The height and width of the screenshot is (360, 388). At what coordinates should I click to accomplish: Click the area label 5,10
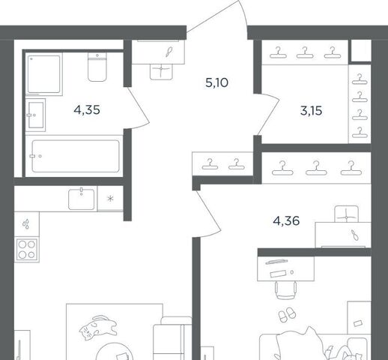point(216,82)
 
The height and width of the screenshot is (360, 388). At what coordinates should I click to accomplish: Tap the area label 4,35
point(87,110)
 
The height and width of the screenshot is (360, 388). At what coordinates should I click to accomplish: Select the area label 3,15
point(311,111)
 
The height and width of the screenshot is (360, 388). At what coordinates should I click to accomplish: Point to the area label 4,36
point(286,221)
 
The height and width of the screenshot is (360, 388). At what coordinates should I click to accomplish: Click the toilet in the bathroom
point(97,67)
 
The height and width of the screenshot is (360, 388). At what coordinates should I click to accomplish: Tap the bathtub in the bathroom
point(76,156)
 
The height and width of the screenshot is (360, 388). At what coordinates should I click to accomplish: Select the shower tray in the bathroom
point(44,74)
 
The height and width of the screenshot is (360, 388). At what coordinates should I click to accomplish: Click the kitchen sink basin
point(82,199)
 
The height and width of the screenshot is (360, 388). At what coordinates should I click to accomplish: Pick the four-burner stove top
point(27,249)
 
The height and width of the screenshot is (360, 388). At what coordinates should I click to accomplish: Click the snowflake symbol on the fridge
point(110,199)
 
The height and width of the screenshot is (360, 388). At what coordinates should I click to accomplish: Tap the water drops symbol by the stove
point(26,224)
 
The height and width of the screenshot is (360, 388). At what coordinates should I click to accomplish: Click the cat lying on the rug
point(97,328)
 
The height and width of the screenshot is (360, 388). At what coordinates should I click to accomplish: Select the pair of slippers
point(287,315)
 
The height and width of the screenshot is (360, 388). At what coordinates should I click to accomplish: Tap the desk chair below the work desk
point(286,290)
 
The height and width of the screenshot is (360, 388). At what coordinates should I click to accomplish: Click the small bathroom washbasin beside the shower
point(36,115)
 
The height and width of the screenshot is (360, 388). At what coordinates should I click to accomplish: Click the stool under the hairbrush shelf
point(161,72)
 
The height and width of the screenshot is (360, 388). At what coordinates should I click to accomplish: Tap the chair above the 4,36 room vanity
point(346,214)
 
